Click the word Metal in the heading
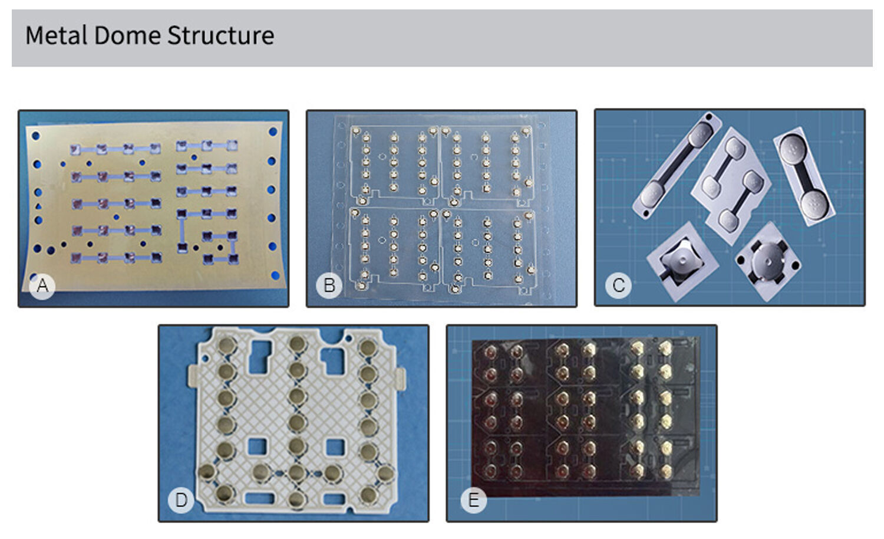point(57,35)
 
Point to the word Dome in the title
point(127,35)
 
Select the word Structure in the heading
point(220,35)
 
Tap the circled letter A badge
point(42,285)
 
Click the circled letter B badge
point(329,285)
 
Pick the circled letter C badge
point(618,285)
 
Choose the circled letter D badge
point(181,500)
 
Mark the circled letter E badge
point(473,500)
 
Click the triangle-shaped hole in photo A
point(38,206)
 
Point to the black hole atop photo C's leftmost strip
point(709,117)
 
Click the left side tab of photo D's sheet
point(192,376)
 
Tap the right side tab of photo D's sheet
point(400,379)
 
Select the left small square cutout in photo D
point(258,446)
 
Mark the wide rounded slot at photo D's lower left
point(260,499)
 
